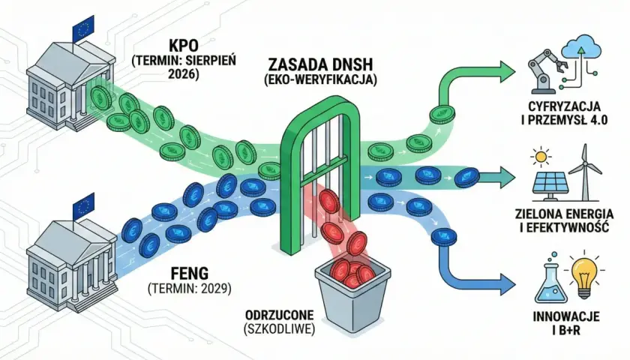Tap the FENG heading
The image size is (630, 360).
pyautogui.click(x=190, y=274)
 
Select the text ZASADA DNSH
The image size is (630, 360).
pyautogui.click(x=320, y=64)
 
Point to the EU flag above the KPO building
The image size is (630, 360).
pyautogui.click(x=82, y=29)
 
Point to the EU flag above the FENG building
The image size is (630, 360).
pyautogui.click(x=83, y=205)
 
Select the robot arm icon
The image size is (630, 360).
pyautogui.click(x=544, y=71)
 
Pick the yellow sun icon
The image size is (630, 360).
pyautogui.click(x=541, y=157)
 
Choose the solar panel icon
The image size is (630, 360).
pyautogui.click(x=549, y=187)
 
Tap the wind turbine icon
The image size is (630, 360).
pyautogui.click(x=585, y=172)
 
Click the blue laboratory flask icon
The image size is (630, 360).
pyautogui.click(x=550, y=278)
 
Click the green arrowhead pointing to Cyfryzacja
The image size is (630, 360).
pyautogui.click(x=508, y=72)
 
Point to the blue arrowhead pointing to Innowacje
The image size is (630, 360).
pyautogui.click(x=508, y=283)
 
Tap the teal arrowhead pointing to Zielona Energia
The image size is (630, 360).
pyautogui.click(x=508, y=177)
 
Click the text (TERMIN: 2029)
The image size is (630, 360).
pyautogui.click(x=190, y=289)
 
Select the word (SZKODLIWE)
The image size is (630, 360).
pyautogui.click(x=279, y=329)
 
